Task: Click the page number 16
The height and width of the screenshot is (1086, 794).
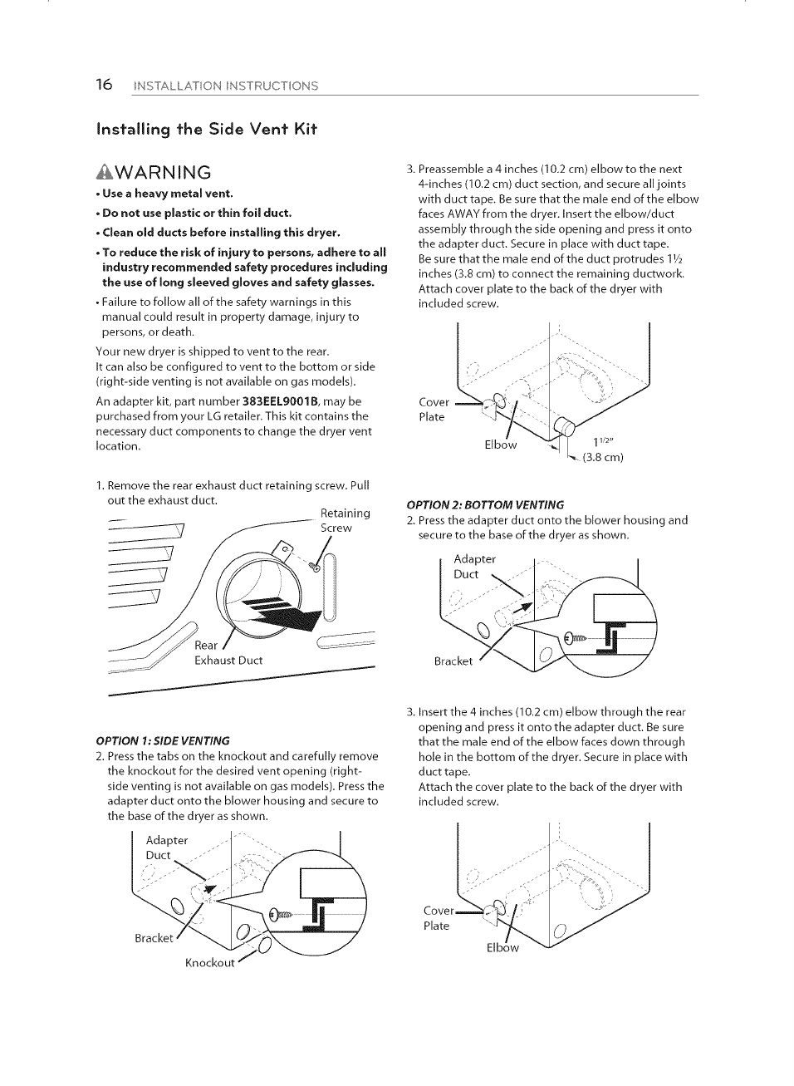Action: [103, 85]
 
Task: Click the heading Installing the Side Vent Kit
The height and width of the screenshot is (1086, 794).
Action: [207, 129]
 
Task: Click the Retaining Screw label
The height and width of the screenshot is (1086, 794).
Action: [345, 520]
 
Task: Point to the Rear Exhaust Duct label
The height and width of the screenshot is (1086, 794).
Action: [228, 653]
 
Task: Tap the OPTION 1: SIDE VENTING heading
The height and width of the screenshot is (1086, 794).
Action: [163, 740]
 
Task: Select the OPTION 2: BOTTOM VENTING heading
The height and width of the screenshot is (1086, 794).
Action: [485, 504]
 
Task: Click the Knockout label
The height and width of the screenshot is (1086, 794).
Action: [209, 962]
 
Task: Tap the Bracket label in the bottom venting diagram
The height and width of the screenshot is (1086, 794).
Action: [453, 661]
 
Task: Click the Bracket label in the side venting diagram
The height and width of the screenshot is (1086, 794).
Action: [154, 938]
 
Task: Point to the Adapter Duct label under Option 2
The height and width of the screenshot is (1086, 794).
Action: [474, 566]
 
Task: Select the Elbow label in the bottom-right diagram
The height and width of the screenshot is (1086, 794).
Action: [502, 947]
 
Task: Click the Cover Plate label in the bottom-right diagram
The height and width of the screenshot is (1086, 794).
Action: [438, 918]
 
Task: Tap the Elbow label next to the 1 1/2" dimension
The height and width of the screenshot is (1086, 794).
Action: [500, 445]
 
